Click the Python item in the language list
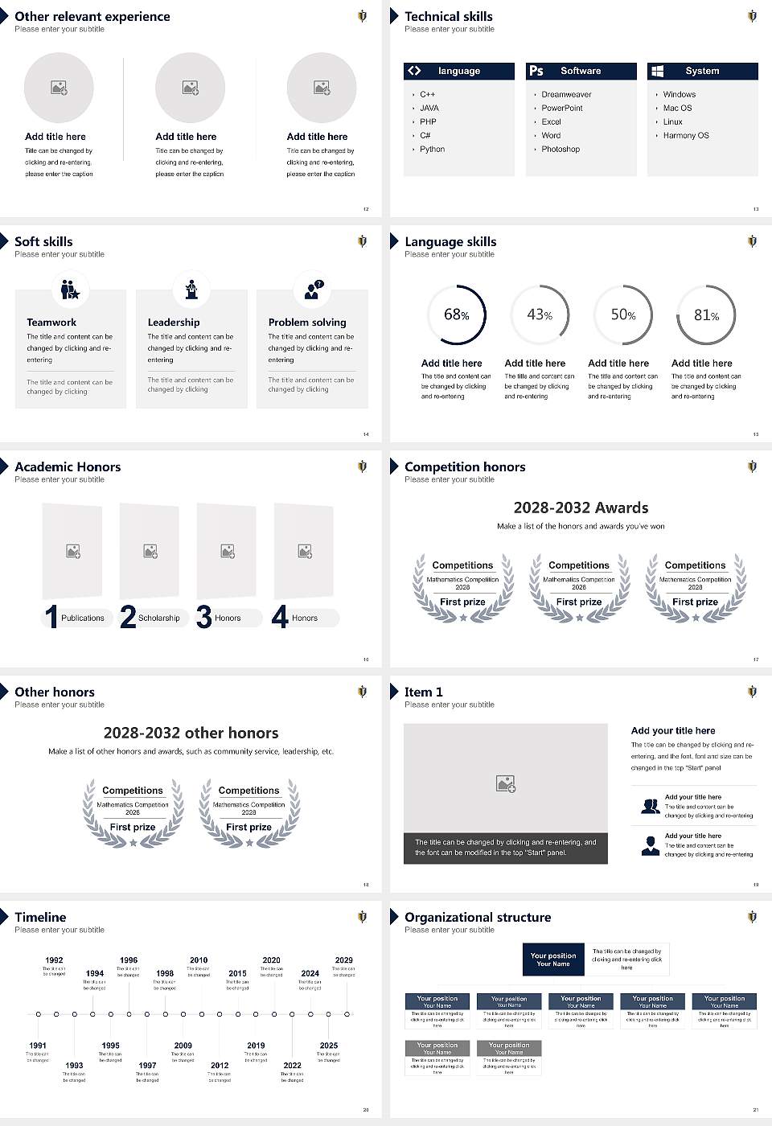point(432,150)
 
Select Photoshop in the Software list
point(561,150)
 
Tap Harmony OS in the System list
point(686,136)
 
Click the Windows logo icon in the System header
point(657,71)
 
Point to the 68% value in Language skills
point(456,314)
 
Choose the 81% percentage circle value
point(706,315)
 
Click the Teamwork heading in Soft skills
point(51,323)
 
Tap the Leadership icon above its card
point(191,289)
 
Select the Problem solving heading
point(307,323)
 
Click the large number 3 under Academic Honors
point(204,617)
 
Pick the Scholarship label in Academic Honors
point(158,618)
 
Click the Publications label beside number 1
point(82,618)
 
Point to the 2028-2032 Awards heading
point(581,508)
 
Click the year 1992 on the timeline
point(54,960)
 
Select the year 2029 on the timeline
point(344,960)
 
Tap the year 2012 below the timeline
point(220,1066)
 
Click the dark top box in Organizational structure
point(553,960)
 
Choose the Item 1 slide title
point(423,692)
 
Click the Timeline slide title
point(40,918)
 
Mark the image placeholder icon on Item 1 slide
point(506,783)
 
